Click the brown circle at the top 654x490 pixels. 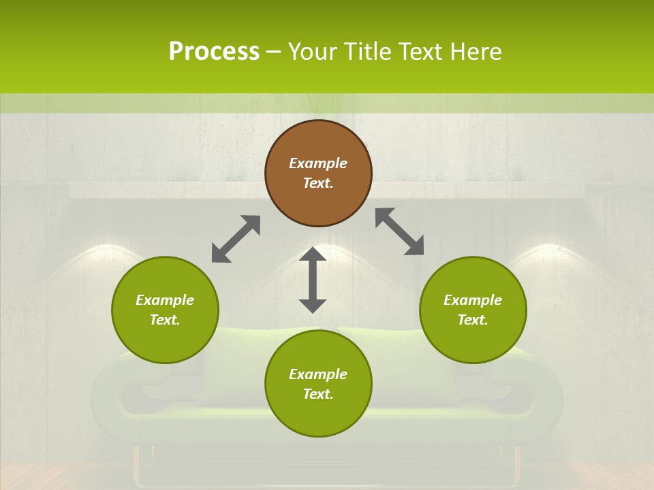[x=318, y=173]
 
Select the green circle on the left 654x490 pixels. [x=165, y=310]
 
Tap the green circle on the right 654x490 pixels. [x=473, y=310]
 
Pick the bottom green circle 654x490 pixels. [x=318, y=384]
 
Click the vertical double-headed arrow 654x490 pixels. [x=313, y=280]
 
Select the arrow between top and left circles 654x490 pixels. [x=236, y=239]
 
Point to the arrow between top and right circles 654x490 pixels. [x=399, y=231]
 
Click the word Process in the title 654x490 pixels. [x=214, y=51]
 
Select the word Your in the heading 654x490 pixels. [x=311, y=51]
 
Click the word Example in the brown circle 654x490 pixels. [x=318, y=163]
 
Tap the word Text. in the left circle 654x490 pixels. [x=165, y=320]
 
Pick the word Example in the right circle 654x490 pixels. [x=473, y=300]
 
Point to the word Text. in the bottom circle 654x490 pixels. [x=318, y=394]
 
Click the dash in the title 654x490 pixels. [x=274, y=52]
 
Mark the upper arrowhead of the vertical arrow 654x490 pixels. [x=313, y=255]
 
